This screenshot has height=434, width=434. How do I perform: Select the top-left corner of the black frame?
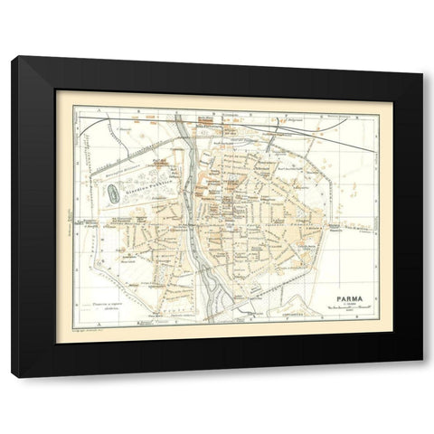[13, 59]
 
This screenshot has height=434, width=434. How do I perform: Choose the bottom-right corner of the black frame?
[422, 374]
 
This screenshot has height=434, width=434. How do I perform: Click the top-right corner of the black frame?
[422, 59]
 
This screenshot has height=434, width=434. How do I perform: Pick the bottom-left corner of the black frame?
[13, 374]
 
